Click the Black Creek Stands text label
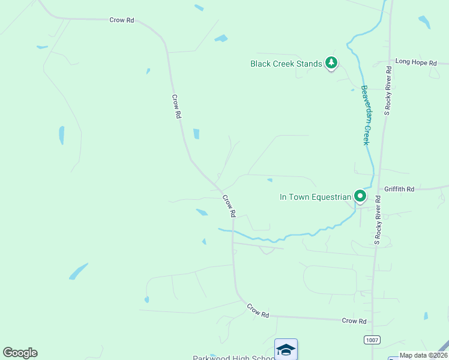click(286, 64)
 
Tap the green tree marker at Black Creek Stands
click(331, 62)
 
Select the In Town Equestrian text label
click(315, 197)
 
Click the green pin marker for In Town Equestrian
click(360, 196)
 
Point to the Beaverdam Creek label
click(365, 115)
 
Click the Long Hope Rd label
click(415, 61)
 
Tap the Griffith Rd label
click(399, 189)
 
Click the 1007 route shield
click(372, 340)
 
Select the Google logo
click(20, 353)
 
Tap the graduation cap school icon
click(286, 349)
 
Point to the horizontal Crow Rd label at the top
click(121, 20)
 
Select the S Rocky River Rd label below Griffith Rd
click(378, 220)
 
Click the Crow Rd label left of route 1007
click(354, 321)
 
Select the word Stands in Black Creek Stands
click(310, 64)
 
